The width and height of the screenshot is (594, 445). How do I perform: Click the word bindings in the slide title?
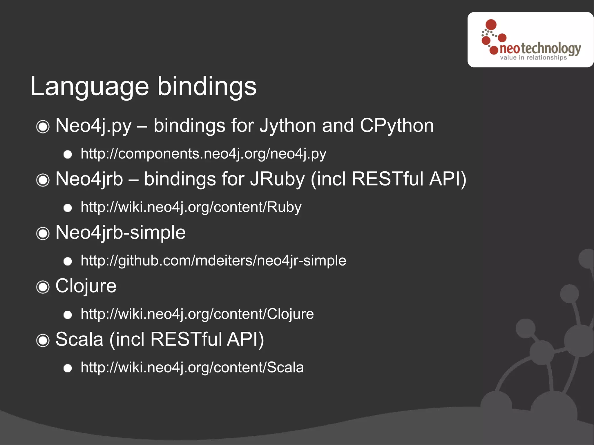point(207,86)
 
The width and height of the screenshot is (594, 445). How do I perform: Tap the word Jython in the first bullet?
point(287,126)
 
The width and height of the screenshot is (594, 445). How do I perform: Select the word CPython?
point(396,126)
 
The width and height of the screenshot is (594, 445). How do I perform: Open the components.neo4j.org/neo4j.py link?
point(203,154)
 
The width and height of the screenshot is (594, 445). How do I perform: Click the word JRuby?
point(277,179)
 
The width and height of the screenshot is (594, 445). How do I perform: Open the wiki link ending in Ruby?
point(191,207)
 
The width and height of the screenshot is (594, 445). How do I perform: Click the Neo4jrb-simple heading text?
point(120,233)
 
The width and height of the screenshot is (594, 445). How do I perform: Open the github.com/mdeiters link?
point(213,261)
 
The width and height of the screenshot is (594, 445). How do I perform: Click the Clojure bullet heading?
point(86,286)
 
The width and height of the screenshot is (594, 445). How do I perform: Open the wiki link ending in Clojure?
point(197,314)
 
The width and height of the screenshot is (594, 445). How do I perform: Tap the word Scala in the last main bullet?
point(79,339)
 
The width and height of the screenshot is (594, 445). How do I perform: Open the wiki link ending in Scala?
point(192,368)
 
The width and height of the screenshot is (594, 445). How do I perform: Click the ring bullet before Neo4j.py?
point(43,127)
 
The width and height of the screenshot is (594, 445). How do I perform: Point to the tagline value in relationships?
point(533,58)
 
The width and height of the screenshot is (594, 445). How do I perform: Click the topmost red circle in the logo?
point(491,25)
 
